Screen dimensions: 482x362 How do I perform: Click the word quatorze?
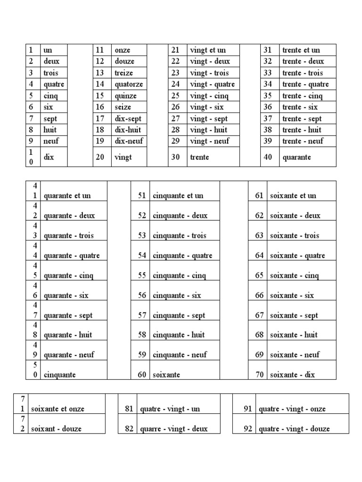click(129, 84)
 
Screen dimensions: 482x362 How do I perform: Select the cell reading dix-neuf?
click(129, 141)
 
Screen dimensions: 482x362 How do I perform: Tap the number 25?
click(175, 96)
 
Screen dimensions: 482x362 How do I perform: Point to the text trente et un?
click(301, 50)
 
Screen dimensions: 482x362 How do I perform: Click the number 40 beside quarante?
click(268, 157)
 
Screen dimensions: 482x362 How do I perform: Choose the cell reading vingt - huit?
click(208, 130)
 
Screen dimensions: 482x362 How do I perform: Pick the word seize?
click(123, 107)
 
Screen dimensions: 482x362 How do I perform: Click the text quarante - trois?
click(69, 235)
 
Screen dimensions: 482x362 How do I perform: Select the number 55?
click(142, 275)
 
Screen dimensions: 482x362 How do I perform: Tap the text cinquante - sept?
click(179, 315)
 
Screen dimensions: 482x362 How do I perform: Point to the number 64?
click(259, 256)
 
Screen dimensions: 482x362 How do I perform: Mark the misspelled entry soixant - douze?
click(56, 429)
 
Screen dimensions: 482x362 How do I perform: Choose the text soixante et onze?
click(58, 409)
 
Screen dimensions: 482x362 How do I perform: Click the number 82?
click(129, 429)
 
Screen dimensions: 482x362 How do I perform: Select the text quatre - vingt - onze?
click(292, 409)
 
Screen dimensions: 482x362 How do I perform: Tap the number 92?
click(247, 429)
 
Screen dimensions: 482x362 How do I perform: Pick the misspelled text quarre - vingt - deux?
click(174, 429)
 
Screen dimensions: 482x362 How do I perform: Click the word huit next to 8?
click(50, 130)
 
